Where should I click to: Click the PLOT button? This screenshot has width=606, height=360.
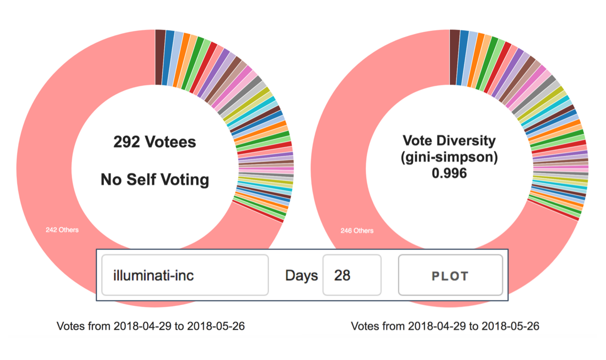450,275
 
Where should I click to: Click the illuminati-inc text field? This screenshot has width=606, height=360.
185,275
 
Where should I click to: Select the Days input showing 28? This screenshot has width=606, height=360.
351,275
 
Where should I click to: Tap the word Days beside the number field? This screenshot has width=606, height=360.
301,275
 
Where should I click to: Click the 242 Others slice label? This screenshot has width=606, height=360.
62,230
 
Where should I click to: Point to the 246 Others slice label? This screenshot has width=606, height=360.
356,231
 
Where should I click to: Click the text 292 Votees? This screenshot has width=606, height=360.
154,142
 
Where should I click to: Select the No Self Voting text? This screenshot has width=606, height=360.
154,179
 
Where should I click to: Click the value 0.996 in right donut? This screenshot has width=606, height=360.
449,174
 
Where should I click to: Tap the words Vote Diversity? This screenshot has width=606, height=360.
449,140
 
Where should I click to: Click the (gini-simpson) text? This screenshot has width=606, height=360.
449,157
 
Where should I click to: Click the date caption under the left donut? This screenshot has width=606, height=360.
151,326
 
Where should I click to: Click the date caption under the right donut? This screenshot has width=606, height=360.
445,326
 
